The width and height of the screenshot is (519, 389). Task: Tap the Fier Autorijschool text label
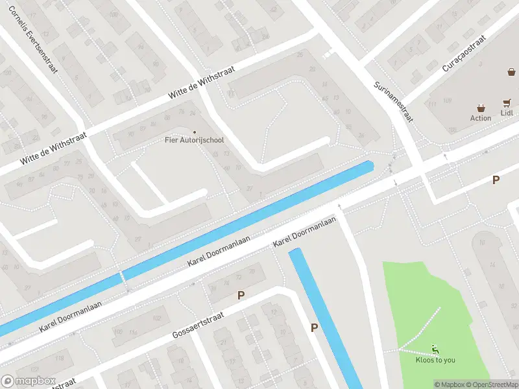194,140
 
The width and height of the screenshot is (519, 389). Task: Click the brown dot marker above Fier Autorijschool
194,132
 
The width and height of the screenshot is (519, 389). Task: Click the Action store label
481,118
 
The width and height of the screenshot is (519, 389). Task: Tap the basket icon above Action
481,108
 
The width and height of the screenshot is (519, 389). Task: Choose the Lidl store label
507,113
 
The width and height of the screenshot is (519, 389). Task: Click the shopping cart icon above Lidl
507,102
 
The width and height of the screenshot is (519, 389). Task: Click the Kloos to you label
436,360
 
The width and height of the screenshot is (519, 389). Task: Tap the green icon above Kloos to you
435,349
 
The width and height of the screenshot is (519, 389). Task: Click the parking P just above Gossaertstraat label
241,296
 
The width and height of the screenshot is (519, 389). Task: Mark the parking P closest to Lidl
496,180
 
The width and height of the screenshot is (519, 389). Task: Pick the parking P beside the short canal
315,328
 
